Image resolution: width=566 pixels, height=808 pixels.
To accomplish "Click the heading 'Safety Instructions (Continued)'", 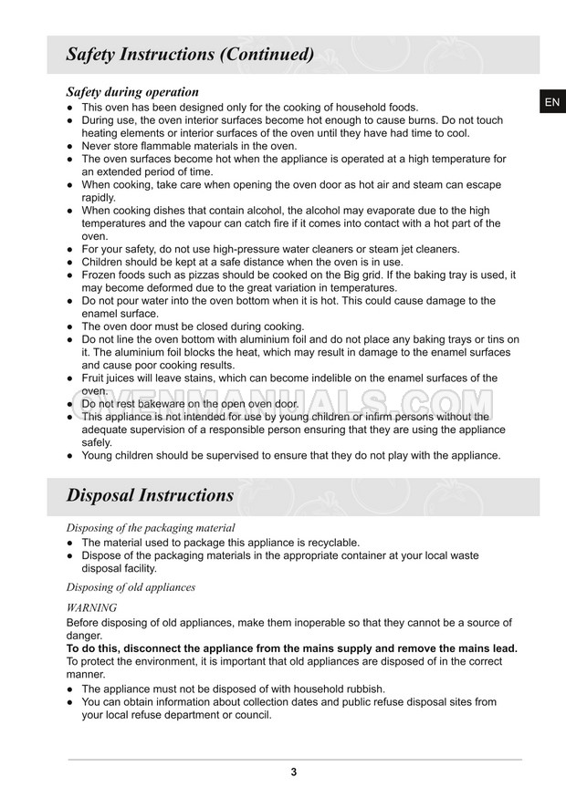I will click(190, 55).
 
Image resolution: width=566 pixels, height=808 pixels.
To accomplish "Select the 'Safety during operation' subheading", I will click(132, 92).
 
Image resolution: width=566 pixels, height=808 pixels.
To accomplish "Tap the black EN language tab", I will click(551, 103).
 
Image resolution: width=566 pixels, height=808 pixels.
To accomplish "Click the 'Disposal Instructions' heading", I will click(150, 496).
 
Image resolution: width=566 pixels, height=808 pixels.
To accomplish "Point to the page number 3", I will click(294, 772).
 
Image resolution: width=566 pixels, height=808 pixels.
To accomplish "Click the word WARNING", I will click(92, 607).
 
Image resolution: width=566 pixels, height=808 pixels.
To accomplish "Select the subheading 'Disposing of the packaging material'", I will click(151, 528).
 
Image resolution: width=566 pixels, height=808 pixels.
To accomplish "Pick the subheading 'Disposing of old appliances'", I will click(131, 587).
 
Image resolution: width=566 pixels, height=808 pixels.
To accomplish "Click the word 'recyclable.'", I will click(331, 543).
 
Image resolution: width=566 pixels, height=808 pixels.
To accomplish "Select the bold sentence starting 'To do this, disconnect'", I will click(292, 648).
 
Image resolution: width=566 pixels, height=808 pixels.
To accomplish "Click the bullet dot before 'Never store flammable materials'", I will click(70, 146).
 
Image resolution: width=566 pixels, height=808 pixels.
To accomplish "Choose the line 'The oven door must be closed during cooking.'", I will click(193, 326).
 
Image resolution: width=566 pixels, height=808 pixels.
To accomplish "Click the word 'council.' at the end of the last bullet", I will click(249, 715).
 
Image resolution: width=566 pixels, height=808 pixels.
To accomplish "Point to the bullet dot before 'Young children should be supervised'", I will click(70, 456).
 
